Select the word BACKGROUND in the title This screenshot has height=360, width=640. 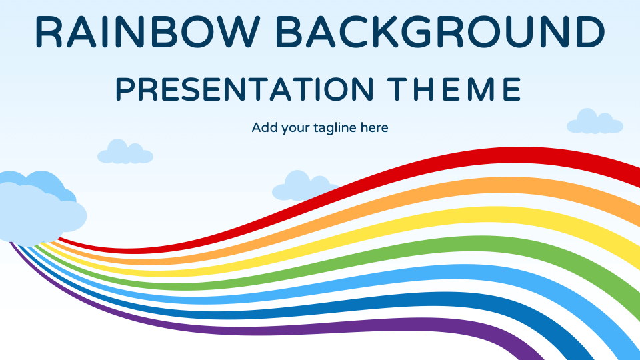441,32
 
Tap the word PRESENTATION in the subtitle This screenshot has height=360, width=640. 244,89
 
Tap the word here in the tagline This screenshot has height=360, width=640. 374,127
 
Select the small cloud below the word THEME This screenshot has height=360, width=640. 593,123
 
